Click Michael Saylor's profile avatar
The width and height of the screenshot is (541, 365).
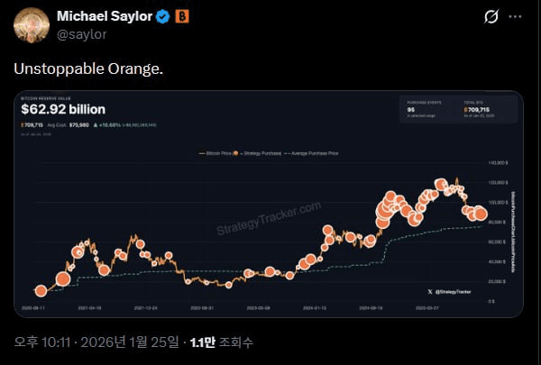(32, 24)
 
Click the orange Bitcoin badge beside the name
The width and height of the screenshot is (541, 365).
(181, 16)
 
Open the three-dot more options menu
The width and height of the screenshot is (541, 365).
(515, 16)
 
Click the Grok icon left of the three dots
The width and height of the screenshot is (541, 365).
(492, 16)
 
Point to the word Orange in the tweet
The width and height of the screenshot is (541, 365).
(135, 69)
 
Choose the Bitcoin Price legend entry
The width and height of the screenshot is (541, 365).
(214, 155)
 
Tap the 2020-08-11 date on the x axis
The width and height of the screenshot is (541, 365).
(32, 307)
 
